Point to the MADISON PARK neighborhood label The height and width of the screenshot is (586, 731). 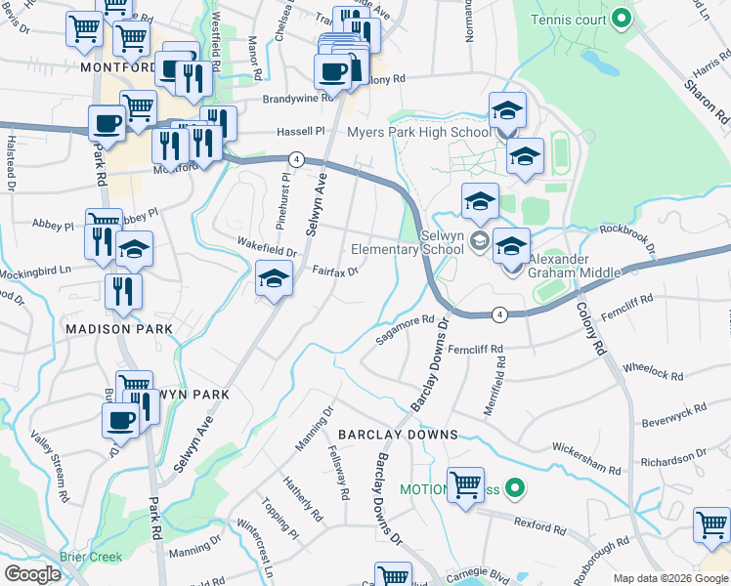click(118, 329)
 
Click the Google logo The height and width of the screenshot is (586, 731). click(32, 574)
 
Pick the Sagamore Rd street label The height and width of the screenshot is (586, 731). click(405, 329)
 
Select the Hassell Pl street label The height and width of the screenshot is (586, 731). click(299, 131)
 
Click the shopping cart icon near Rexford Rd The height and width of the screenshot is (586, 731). click(465, 485)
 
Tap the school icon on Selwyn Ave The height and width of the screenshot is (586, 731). click(275, 280)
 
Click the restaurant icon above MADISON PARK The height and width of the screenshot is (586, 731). click(124, 291)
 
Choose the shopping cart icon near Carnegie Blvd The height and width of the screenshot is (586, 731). click(393, 575)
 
